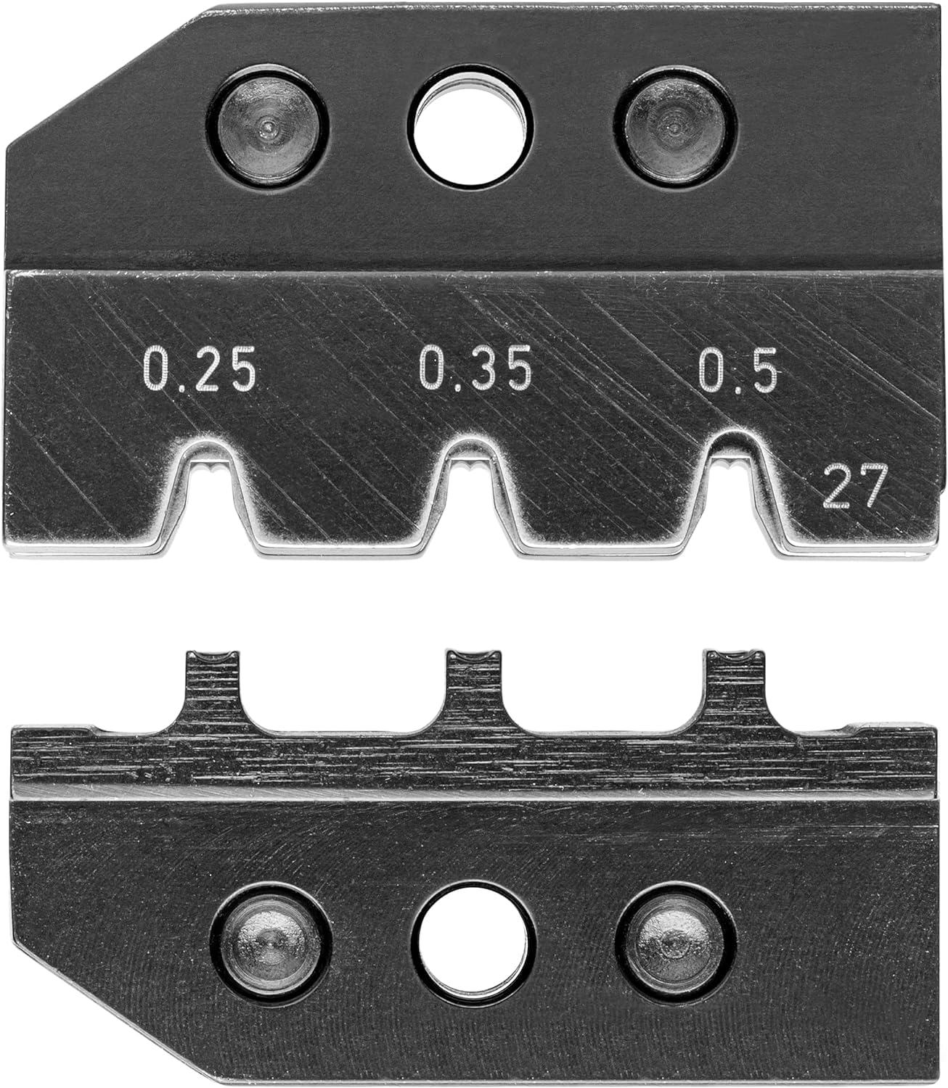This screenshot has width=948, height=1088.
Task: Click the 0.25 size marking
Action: [x=200, y=370]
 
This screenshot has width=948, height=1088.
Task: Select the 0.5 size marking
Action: [x=738, y=370]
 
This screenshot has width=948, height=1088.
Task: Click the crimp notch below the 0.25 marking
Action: [x=211, y=493]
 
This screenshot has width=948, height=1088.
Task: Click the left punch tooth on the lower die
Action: [x=212, y=682]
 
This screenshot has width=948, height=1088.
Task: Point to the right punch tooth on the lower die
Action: [x=735, y=682]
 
